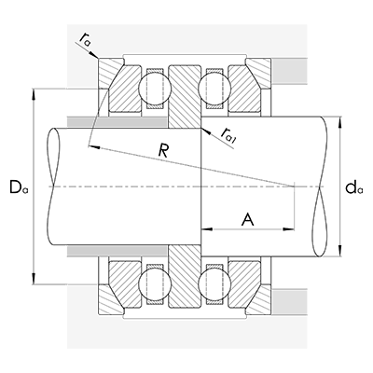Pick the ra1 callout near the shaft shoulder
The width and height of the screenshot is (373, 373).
pos(228,137)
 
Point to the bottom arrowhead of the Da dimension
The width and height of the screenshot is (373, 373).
pos(35,279)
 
